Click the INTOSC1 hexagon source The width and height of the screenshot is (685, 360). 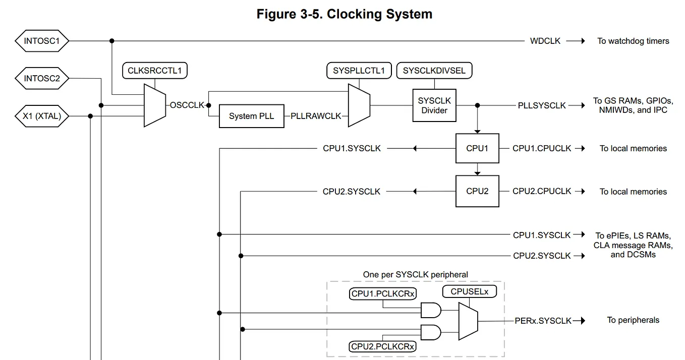coord(42,41)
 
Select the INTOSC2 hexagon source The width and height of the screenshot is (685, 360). coord(42,78)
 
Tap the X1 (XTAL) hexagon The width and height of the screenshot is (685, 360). coord(42,116)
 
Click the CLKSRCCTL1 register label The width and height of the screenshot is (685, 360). coord(154,71)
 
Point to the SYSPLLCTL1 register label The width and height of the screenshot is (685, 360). coord(359,71)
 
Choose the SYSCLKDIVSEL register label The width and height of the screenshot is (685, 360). coord(434,71)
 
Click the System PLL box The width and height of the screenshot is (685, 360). coord(251,116)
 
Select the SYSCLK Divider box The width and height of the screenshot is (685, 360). coord(434,105)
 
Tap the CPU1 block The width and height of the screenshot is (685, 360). coord(477,148)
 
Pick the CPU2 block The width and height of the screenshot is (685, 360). coord(477,191)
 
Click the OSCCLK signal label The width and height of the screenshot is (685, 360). coord(187,105)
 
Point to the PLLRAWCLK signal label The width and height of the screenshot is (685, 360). coord(316,116)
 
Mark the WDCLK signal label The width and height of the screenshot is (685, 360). coord(545,41)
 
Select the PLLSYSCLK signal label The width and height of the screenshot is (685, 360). coord(542,105)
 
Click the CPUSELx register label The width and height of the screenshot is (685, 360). coord(469,291)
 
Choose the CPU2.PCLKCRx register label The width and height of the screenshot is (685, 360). coord(383,346)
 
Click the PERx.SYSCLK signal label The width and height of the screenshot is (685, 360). coord(543,320)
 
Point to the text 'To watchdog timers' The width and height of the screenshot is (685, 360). coord(633,41)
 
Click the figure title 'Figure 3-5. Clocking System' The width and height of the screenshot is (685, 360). coord(344,14)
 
